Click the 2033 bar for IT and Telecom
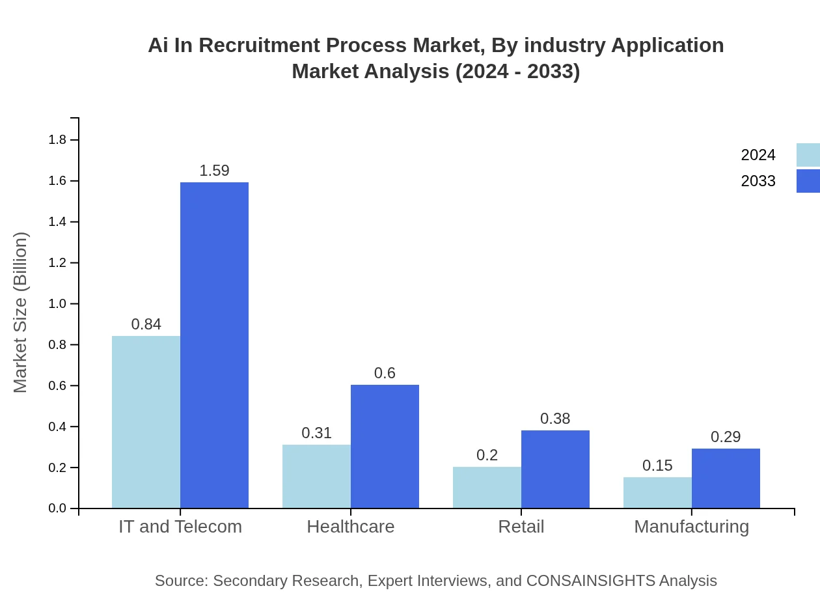coord(214,345)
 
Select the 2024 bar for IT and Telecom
coord(146,422)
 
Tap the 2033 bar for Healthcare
coord(385,447)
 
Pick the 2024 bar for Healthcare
coord(316,477)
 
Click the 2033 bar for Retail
coord(555,469)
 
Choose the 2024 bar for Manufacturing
coord(657,493)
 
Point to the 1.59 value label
coord(214,171)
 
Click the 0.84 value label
coord(146,324)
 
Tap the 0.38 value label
coord(555,419)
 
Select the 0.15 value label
coord(657,466)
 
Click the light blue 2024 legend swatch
coord(808,155)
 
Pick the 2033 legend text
coord(758,181)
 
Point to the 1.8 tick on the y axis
coord(58,140)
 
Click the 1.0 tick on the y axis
coord(58,304)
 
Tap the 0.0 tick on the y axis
coord(58,508)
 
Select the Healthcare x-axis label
coord(351,526)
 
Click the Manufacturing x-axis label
coord(691,526)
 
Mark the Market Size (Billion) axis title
coord(21,313)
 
